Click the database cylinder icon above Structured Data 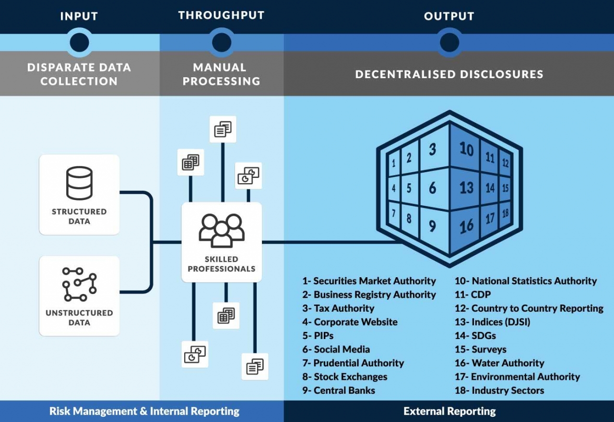(79, 183)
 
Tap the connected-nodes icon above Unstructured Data (79, 284)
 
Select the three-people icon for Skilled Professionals (222, 230)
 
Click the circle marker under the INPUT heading (80, 42)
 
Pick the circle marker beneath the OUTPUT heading (449, 42)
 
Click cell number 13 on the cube (466, 188)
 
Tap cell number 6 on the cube (433, 188)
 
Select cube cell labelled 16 (466, 225)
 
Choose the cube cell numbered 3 (433, 149)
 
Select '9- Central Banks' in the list (339, 390)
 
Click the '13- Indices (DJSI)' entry (493, 322)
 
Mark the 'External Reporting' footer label (449, 411)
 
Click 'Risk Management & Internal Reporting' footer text (144, 411)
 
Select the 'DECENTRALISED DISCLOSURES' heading (449, 74)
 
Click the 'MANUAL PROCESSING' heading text (221, 74)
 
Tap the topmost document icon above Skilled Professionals (223, 129)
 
